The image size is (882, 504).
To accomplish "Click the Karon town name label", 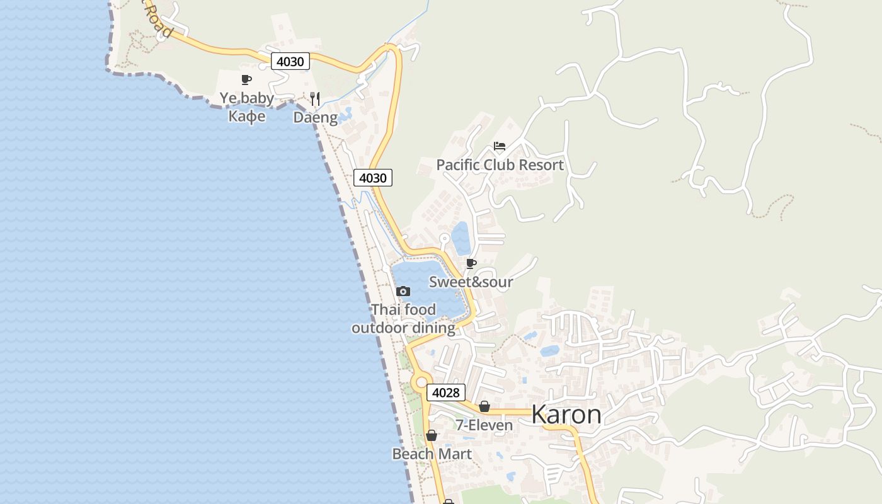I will [566, 415].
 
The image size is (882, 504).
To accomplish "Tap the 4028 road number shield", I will [446, 392].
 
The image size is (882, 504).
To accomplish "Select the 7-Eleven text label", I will [484, 426].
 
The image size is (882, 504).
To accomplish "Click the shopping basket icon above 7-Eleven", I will [484, 407].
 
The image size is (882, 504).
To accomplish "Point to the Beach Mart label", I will [432, 454].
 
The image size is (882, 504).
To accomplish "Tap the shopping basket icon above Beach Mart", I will [432, 435].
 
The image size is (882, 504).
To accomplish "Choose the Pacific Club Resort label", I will [500, 165].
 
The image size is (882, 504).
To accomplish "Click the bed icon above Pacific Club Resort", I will [500, 146].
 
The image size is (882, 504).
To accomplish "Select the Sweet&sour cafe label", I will [471, 282].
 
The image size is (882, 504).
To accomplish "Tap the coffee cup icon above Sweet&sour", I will [471, 263].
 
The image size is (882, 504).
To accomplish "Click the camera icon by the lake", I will [403, 291].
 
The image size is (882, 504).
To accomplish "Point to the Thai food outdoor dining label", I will [403, 319].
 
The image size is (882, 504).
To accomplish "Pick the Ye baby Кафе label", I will [246, 107].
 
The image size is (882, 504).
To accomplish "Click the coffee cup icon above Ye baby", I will [246, 79].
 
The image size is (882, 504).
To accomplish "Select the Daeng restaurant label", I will [315, 117].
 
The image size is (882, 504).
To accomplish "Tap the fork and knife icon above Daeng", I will [315, 98].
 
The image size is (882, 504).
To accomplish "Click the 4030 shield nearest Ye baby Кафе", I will [290, 61].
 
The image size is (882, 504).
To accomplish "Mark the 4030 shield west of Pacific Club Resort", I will [372, 178].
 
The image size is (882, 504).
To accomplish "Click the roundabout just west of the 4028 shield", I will [420, 382].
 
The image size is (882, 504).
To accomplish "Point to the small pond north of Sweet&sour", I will [461, 238].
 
